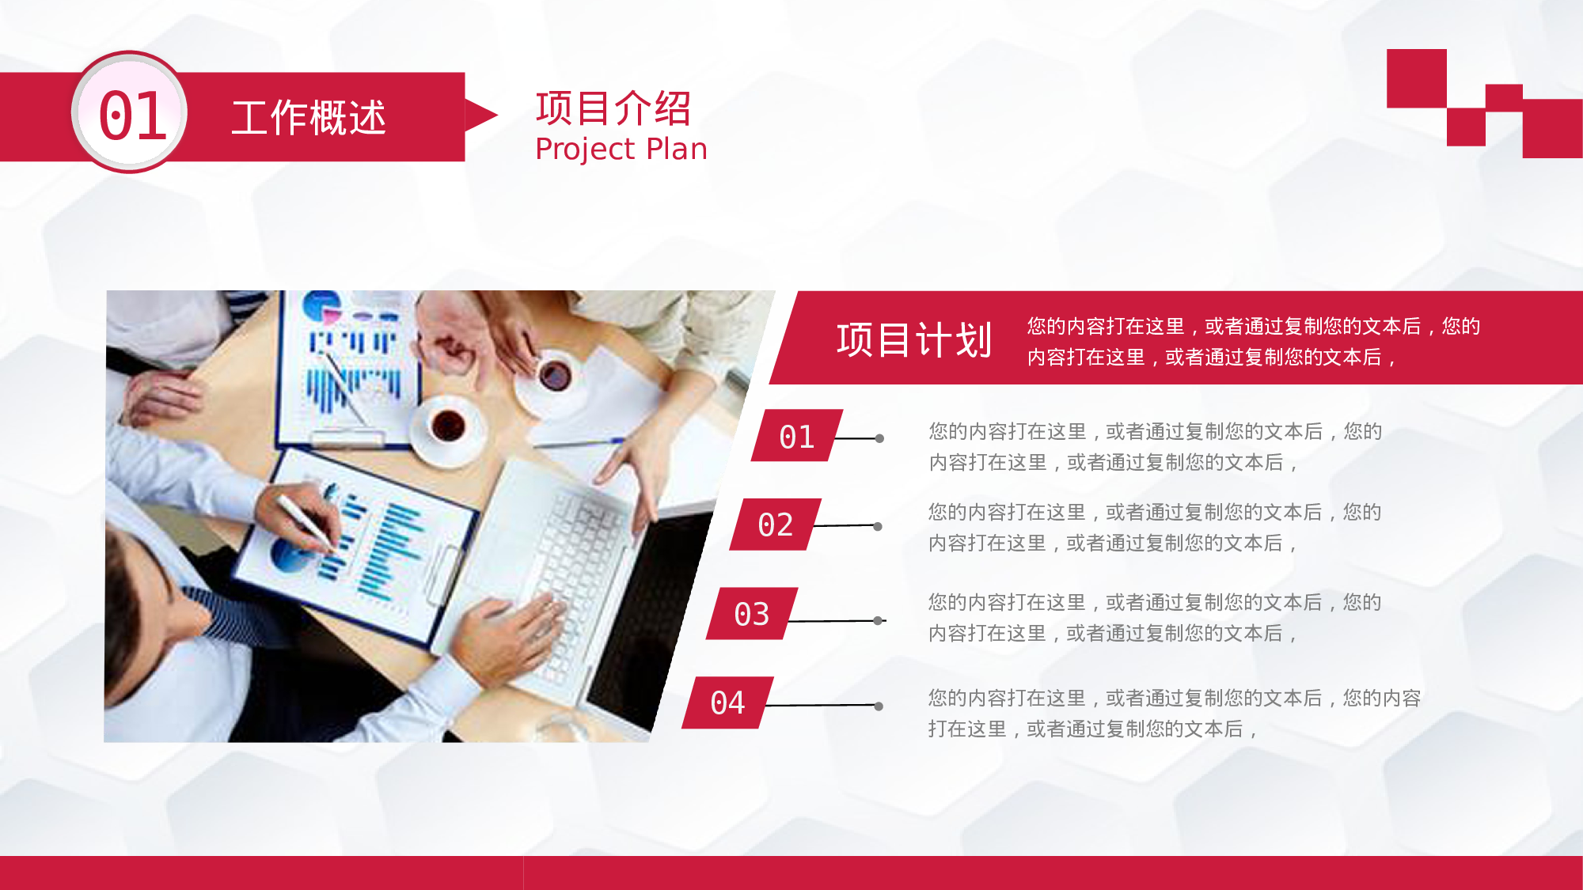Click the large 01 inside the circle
coord(132,116)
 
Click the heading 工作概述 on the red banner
coord(309,118)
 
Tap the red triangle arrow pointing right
coord(478,116)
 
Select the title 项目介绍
coord(613,108)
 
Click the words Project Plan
coord(621,150)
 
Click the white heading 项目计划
coord(914,340)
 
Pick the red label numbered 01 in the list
coord(796,436)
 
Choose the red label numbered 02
coord(775,525)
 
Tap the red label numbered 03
coord(752,614)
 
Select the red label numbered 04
coord(727,703)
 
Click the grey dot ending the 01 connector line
coord(879,438)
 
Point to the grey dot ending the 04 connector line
coord(879,706)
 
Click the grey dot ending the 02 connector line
coord(878,527)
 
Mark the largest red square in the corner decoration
coord(1552,128)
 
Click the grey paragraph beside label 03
coord(1154,618)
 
